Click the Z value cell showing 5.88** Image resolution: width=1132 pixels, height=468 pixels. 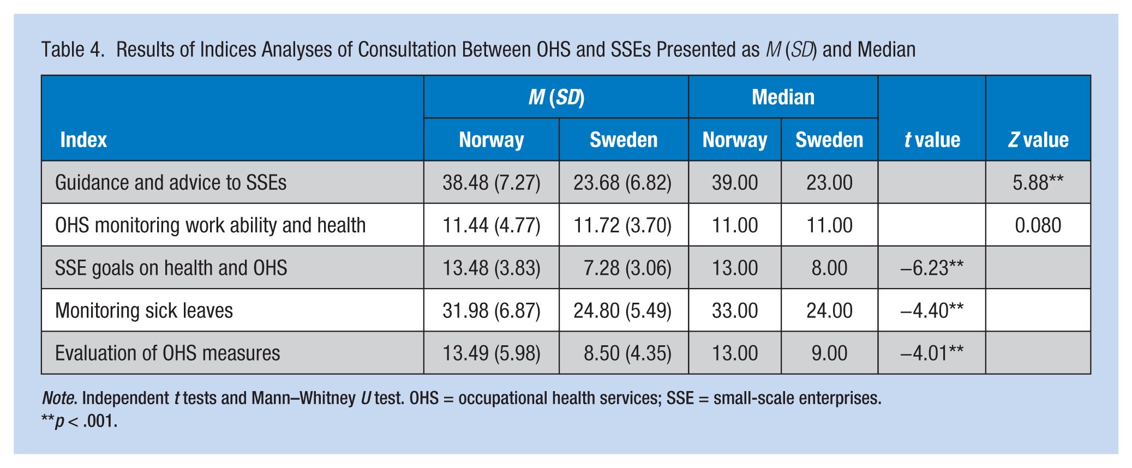tap(1038, 182)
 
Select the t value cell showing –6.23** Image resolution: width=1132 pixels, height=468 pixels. tap(932, 268)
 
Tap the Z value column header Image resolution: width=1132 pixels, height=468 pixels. tap(1038, 140)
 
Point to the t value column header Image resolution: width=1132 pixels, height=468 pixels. tap(932, 140)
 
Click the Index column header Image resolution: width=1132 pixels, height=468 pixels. tap(83, 140)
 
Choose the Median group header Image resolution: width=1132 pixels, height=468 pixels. tap(783, 97)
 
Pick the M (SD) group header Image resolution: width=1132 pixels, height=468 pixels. tap(556, 97)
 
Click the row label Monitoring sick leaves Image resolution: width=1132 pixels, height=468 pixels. tap(144, 310)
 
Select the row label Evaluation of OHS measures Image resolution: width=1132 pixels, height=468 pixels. tap(167, 353)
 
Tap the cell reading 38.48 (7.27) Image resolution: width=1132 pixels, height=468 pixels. tap(492, 182)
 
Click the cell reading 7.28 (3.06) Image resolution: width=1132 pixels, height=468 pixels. tap(627, 268)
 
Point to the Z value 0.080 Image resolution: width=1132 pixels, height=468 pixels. tap(1038, 225)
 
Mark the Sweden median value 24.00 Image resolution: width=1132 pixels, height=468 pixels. tap(829, 310)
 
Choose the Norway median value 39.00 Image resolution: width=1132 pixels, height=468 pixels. tap(735, 182)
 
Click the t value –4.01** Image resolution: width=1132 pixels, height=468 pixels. tap(932, 353)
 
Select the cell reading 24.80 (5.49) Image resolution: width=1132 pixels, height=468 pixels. tap(622, 310)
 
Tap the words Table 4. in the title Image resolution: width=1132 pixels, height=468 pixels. tap(73, 50)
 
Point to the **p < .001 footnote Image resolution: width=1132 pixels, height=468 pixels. tap(79, 421)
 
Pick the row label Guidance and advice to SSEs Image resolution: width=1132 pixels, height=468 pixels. tap(171, 182)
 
